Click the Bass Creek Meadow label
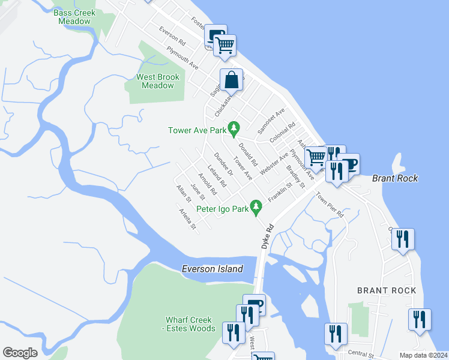coord(74,17)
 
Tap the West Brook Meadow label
coord(158,81)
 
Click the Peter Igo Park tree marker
coord(257,209)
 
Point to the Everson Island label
coord(212,269)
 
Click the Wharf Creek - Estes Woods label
coord(190,324)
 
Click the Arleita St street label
coord(187,218)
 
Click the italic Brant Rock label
coord(394,178)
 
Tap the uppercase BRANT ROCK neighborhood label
coord(386,290)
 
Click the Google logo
coord(20,353)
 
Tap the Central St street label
coord(360,353)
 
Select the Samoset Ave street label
coord(271,122)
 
